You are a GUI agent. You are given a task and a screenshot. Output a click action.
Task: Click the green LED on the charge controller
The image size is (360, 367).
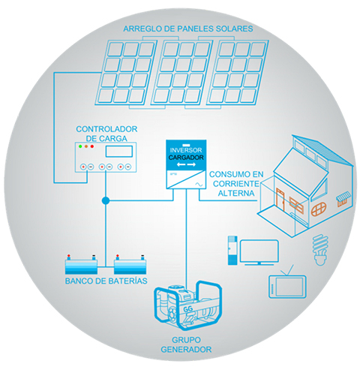tap(80, 146)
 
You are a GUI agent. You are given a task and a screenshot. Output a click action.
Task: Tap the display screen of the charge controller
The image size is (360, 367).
tap(119, 152)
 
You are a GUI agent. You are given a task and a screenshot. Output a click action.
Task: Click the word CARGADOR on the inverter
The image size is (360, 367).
tap(186, 158)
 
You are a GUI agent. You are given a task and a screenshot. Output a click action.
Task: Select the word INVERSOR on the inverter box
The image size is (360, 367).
tap(186, 150)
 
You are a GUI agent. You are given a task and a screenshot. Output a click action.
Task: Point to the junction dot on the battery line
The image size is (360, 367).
tap(106, 200)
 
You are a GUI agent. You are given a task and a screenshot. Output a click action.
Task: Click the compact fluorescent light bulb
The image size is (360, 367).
tap(320, 249)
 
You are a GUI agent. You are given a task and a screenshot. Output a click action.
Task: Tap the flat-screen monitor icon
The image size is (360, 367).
tap(259, 252)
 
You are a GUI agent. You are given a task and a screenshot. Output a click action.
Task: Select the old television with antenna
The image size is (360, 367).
tap(287, 284)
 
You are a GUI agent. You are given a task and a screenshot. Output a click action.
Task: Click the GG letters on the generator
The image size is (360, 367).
tap(188, 309)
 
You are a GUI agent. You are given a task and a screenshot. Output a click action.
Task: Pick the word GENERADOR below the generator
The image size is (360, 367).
tap(186, 349)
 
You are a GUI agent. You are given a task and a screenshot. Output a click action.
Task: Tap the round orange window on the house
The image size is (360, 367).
tap(319, 209)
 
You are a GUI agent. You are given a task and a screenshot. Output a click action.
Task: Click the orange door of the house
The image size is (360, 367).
tap(280, 200)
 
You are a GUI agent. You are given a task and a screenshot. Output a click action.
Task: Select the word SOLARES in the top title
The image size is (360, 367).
tap(234, 29)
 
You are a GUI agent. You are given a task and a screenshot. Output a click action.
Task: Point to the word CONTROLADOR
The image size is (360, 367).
tap(106, 129)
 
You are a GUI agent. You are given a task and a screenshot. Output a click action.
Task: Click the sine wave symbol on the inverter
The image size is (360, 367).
tap(199, 185)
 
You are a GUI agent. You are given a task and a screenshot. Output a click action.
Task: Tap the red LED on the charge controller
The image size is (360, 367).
tap(92, 146)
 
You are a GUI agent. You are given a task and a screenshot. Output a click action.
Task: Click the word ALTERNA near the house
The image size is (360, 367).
tap(236, 193)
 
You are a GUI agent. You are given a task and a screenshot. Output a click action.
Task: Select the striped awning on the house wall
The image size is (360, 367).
tap(343, 197)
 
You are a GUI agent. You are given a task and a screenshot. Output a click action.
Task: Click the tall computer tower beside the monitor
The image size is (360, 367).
tap(232, 250)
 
